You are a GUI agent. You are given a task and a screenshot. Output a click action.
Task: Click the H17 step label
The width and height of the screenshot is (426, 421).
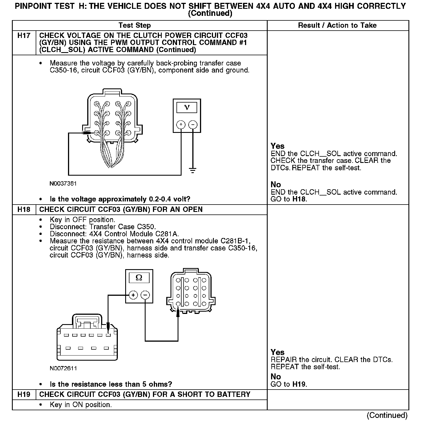pyautogui.click(x=24, y=36)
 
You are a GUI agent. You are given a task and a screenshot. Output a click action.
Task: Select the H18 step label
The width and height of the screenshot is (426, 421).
pyautogui.click(x=24, y=210)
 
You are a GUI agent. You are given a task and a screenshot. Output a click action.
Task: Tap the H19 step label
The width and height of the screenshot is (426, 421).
pyautogui.click(x=24, y=394)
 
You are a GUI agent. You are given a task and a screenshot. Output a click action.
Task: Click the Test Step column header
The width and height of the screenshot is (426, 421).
pyautogui.click(x=135, y=25)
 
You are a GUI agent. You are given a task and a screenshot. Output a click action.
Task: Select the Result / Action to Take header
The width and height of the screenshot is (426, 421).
pyautogui.click(x=337, y=25)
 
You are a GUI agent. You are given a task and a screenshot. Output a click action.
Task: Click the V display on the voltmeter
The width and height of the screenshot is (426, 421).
pyautogui.click(x=187, y=107)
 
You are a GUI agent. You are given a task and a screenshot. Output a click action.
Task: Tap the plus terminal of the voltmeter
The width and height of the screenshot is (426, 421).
pyautogui.click(x=181, y=124)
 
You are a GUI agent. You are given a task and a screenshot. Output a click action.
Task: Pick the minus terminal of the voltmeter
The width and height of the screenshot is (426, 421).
pyautogui.click(x=193, y=124)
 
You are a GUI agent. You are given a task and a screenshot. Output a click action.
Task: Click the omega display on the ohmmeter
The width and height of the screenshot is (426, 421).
pyautogui.click(x=139, y=278)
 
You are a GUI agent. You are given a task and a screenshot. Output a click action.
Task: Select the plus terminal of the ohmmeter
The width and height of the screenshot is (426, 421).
pyautogui.click(x=133, y=295)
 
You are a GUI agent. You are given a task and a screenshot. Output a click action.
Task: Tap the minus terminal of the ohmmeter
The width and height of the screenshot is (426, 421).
pyautogui.click(x=145, y=295)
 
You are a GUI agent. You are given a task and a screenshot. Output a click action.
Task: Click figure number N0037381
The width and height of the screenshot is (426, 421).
pyautogui.click(x=63, y=184)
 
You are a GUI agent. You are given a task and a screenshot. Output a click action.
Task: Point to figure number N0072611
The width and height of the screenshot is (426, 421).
pyautogui.click(x=63, y=368)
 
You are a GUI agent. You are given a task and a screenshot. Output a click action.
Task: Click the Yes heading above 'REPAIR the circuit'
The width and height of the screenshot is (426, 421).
pyautogui.click(x=277, y=352)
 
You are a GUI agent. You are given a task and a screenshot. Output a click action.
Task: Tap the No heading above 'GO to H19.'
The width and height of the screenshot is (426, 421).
pyautogui.click(x=276, y=377)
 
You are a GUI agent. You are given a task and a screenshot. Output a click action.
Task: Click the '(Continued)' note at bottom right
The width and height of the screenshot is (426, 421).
pyautogui.click(x=387, y=415)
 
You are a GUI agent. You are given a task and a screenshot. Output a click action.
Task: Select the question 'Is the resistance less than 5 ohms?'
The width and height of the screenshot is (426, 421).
pyautogui.click(x=111, y=384)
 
